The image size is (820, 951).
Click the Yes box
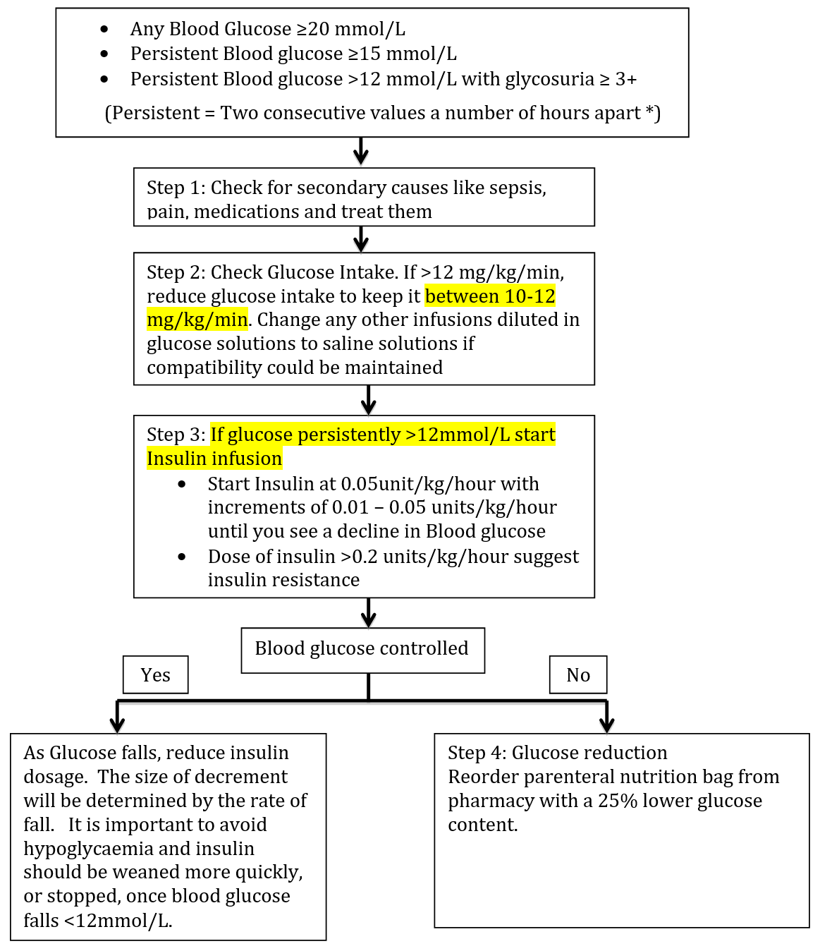pos(155,675)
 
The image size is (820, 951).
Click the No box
pos(578,675)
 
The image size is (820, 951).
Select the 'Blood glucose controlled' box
pos(362,649)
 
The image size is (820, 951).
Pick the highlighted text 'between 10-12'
pos(490,296)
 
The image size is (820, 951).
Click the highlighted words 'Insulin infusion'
pos(214,459)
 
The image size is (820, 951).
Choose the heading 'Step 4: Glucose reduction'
pos(557,753)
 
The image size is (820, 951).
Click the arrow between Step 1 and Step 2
pos(361,239)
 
